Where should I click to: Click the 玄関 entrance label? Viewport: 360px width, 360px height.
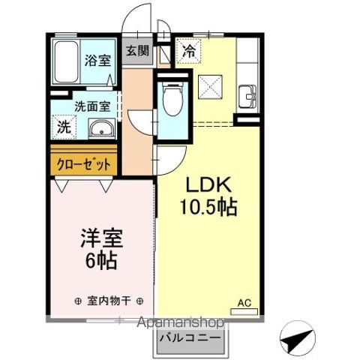137,51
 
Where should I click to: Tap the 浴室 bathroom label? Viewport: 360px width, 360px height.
97,60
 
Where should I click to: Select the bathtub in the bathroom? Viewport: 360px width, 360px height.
66,61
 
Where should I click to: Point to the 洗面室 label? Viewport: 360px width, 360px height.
92,106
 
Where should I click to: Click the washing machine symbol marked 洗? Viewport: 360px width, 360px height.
64,127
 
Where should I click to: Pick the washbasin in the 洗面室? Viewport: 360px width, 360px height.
102,128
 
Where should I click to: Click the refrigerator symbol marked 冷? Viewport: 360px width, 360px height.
188,52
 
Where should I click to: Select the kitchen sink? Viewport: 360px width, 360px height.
247,96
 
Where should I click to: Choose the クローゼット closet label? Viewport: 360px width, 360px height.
84,164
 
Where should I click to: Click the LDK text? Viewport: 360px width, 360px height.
208,184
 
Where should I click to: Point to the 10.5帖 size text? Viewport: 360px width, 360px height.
208,207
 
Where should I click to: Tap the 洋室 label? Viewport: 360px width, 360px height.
101,238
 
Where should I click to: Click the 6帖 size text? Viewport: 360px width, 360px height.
101,260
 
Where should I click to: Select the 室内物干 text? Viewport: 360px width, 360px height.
109,301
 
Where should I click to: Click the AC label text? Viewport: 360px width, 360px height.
244,303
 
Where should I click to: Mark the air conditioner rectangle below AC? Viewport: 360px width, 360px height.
244,312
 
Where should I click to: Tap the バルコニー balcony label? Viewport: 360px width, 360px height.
190,338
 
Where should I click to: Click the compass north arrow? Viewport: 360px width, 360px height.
297,340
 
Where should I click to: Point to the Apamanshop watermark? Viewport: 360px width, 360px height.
181,322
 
